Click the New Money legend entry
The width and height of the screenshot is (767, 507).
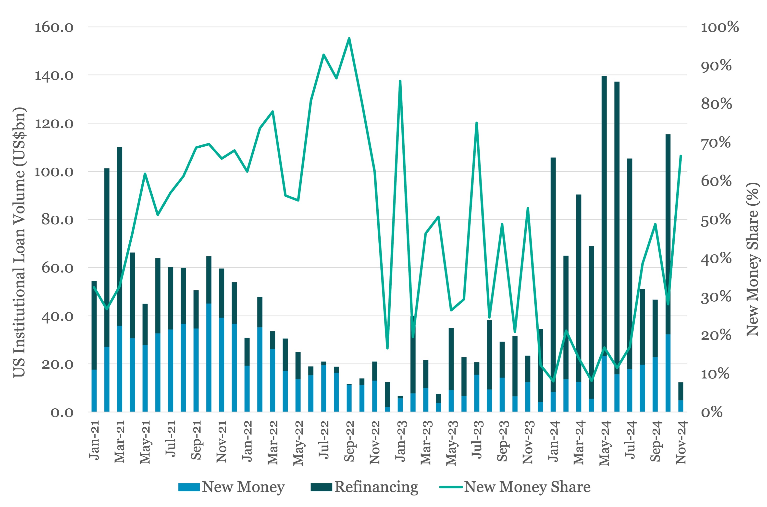[x=231, y=487]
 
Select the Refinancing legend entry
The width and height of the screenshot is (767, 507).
[x=364, y=487]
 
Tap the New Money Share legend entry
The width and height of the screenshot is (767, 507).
[x=515, y=487]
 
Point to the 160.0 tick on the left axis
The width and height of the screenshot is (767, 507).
[x=54, y=27]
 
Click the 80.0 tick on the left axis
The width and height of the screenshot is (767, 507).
[x=57, y=220]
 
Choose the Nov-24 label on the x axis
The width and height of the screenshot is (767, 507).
[x=681, y=442]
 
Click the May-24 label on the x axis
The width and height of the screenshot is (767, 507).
[x=604, y=442]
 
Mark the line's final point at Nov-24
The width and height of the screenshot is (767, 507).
[x=681, y=156]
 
